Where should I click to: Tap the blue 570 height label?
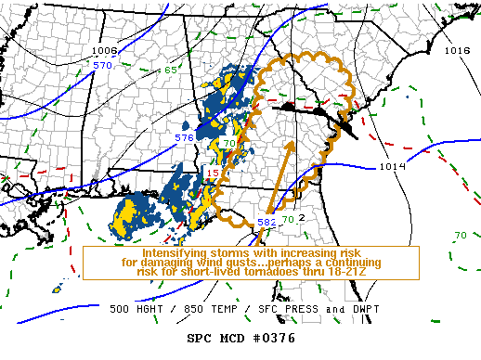click(x=102, y=65)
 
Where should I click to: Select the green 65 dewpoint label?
click(x=171, y=71)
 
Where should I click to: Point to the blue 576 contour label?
click(x=184, y=137)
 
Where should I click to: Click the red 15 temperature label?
click(x=212, y=174)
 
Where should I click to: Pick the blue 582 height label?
click(x=266, y=223)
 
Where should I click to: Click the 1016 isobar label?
click(x=457, y=50)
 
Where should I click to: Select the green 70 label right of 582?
click(x=288, y=220)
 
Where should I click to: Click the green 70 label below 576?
click(x=229, y=144)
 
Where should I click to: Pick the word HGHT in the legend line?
click(x=154, y=308)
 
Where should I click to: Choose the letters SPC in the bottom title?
click(x=200, y=338)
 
